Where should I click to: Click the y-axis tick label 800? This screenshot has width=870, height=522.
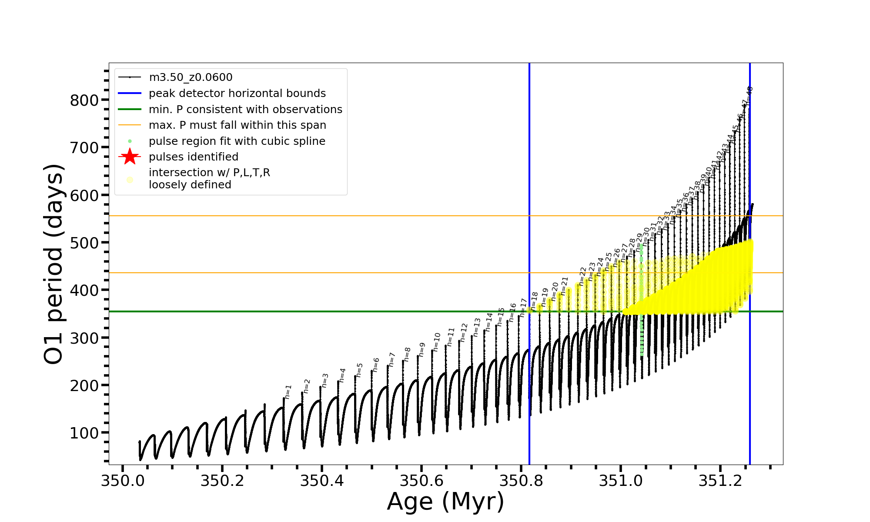tap(84, 100)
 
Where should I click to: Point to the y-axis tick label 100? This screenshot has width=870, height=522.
tap(84, 433)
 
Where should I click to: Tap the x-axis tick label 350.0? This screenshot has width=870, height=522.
tap(122, 481)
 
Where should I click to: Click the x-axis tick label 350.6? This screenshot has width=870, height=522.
tap(421, 481)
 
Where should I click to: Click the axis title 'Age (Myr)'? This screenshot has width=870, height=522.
tap(445, 502)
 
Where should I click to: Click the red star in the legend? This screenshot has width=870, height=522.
tap(130, 157)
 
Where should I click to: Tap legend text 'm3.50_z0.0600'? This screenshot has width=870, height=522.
tap(191, 77)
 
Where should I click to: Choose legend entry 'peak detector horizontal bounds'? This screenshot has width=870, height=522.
tap(237, 94)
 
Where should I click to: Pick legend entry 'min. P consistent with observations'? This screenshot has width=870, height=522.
tap(245, 110)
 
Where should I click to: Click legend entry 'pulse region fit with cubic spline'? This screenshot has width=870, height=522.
tap(237, 141)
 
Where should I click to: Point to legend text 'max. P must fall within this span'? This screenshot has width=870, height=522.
tap(237, 125)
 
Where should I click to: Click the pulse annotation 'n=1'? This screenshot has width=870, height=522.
tap(288, 391)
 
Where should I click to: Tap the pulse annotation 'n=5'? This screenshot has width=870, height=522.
tap(359, 370)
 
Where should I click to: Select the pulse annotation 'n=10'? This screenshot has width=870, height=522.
tap(437, 342)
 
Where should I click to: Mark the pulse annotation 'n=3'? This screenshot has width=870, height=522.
tap(325, 380)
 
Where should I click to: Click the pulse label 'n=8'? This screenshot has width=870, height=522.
tap(407, 354)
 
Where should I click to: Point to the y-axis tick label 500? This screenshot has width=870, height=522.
tap(84, 243)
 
